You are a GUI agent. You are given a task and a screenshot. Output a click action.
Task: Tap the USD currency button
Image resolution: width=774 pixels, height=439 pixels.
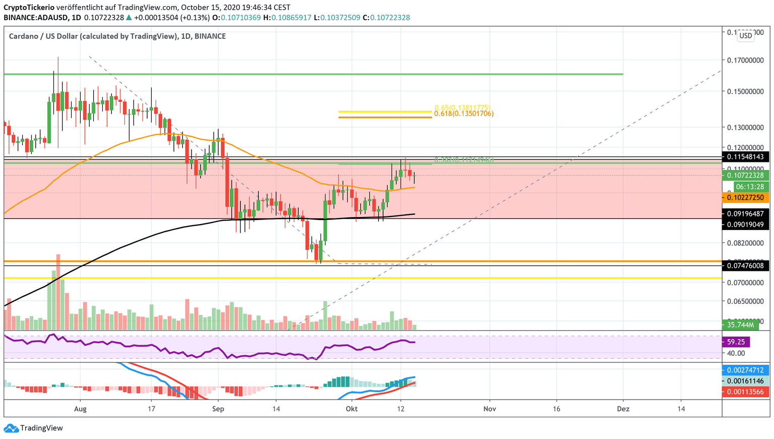click(x=745, y=35)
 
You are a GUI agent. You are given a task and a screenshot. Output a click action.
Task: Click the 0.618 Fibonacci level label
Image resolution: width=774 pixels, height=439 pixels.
click(x=464, y=114)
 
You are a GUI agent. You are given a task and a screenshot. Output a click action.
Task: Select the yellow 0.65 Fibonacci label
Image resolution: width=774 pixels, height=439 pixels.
click(x=462, y=108)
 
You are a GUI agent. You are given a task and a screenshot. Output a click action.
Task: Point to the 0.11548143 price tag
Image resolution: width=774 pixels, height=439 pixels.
click(x=745, y=157)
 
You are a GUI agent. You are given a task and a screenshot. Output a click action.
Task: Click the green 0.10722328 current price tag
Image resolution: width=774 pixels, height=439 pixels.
click(x=745, y=176)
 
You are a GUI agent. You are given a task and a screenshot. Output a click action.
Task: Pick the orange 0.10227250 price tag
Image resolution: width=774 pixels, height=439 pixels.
click(x=745, y=198)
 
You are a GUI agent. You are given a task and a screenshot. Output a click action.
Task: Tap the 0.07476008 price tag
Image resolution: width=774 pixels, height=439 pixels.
click(x=745, y=265)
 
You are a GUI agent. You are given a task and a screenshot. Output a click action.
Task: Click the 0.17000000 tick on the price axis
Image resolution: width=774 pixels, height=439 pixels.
click(x=745, y=60)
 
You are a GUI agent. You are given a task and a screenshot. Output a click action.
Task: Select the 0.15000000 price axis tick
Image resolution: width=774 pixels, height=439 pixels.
click(x=745, y=91)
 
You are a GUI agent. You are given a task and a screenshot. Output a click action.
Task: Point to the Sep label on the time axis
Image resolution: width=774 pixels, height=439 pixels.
click(x=218, y=409)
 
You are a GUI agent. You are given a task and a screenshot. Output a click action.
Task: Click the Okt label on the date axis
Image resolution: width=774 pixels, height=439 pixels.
click(x=352, y=409)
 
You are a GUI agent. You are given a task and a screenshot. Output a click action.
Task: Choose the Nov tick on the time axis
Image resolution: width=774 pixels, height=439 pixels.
click(x=489, y=409)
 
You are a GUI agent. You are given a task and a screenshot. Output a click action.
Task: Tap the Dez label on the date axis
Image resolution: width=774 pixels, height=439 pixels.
click(x=623, y=409)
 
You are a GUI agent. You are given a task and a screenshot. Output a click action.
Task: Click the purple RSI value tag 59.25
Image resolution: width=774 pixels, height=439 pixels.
click(x=736, y=342)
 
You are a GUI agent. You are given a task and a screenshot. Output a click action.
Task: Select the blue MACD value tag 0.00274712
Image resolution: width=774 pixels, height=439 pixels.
click(x=745, y=370)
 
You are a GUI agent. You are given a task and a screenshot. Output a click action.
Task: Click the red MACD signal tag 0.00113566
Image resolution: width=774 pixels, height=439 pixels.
click(x=745, y=392)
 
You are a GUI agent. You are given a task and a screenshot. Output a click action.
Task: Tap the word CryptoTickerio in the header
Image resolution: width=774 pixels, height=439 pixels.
click(x=28, y=8)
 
